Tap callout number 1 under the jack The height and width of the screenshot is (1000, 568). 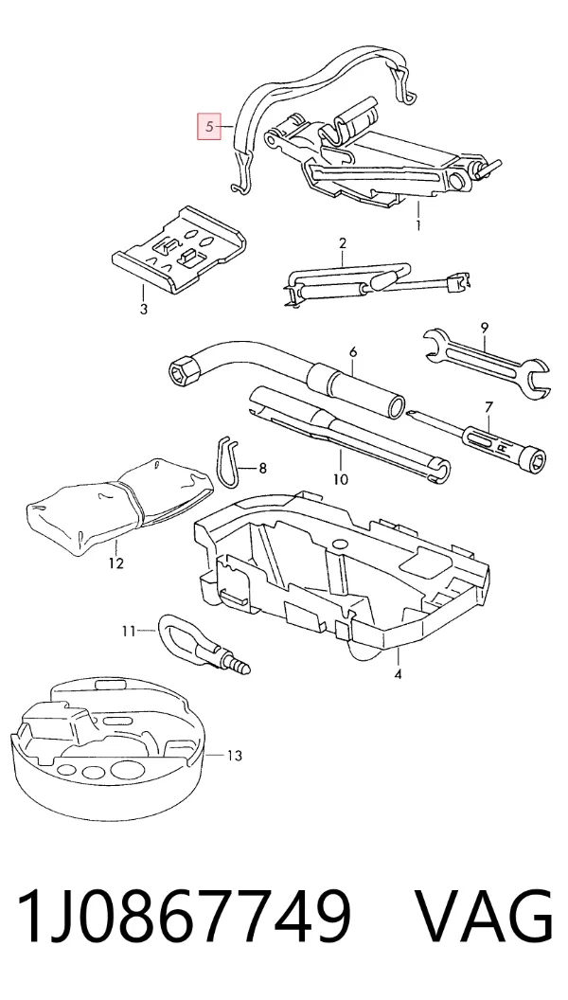coord(418,225)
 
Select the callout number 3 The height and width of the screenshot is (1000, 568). coord(144,310)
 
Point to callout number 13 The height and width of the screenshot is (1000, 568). coord(235,756)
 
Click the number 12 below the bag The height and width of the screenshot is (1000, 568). coord(116,563)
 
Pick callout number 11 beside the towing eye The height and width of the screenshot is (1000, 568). coord(129,632)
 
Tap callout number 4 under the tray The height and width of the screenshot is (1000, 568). coord(398,674)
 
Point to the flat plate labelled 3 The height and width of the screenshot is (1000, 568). coord(177,249)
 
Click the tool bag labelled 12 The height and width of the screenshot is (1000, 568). coord(118,505)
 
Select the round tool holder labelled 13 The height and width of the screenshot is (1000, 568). coord(107,753)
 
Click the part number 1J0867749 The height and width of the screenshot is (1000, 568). coord(185,916)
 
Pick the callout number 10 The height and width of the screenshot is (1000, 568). coord(341,478)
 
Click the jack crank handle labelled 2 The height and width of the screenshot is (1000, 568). coord(376,284)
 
